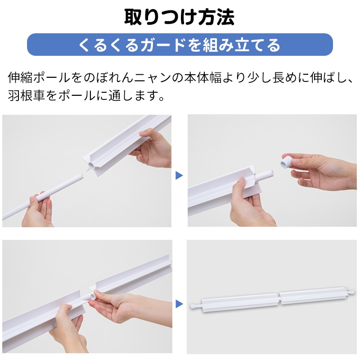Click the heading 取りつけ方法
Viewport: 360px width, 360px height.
point(179,17)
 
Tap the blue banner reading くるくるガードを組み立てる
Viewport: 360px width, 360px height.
point(180,45)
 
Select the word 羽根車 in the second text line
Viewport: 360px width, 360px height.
point(27,95)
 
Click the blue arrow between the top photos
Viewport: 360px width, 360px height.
point(179,175)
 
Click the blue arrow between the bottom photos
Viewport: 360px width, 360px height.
point(179,304)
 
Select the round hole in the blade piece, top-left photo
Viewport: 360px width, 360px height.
point(91,166)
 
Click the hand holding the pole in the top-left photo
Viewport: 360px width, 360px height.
point(38,210)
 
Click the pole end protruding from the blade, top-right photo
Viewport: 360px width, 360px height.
point(264,175)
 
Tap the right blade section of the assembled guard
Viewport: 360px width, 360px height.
point(312,296)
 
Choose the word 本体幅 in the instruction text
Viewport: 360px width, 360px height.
point(202,77)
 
